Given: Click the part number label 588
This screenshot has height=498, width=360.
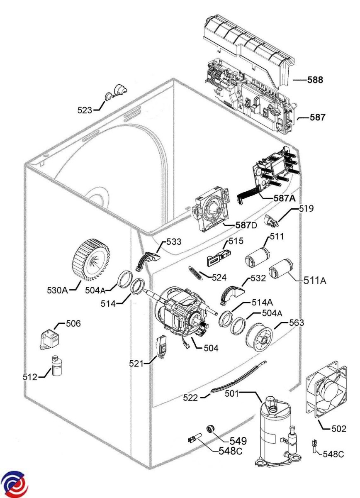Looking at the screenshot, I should coord(315,79).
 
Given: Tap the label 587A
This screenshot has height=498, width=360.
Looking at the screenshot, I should coord(284,198).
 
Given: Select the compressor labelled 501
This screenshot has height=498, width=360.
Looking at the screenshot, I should coord(276,432).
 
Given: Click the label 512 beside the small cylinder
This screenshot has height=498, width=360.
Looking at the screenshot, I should coord(29,377).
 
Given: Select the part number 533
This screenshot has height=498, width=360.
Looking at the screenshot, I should coord(174,242).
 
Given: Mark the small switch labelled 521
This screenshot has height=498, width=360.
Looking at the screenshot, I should coord(161,347).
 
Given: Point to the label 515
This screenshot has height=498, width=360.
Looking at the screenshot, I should coord(236,241).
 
